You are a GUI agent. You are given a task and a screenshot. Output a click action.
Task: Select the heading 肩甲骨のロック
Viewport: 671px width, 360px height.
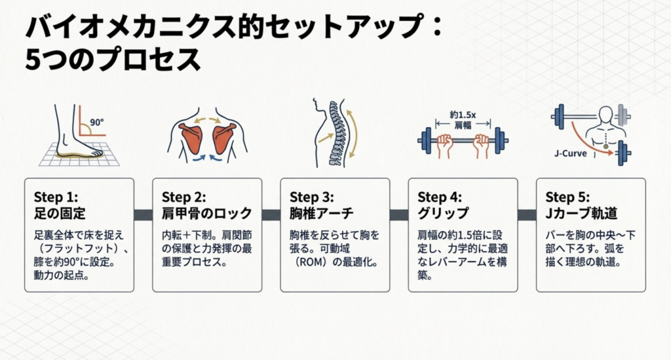click(x=206, y=213)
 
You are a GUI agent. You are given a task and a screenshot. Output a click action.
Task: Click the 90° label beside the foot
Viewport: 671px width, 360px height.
click(x=98, y=121)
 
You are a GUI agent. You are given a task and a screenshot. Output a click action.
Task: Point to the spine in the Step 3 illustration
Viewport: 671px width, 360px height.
click(x=335, y=131)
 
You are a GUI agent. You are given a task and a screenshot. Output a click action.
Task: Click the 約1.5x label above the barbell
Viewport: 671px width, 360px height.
click(x=463, y=114)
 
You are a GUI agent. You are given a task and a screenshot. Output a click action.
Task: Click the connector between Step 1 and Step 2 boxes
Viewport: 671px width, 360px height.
click(x=143, y=214)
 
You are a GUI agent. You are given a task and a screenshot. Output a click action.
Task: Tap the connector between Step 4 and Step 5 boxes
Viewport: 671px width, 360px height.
click(x=527, y=214)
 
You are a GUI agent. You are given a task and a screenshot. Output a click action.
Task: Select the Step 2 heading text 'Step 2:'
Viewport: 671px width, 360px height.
click(x=183, y=197)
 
